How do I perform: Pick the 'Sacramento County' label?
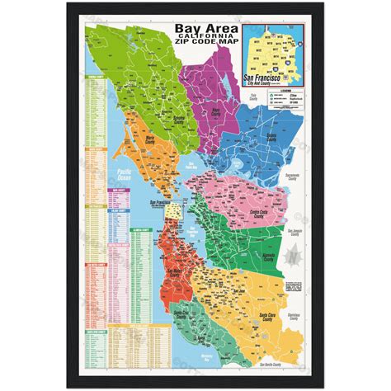296,176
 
